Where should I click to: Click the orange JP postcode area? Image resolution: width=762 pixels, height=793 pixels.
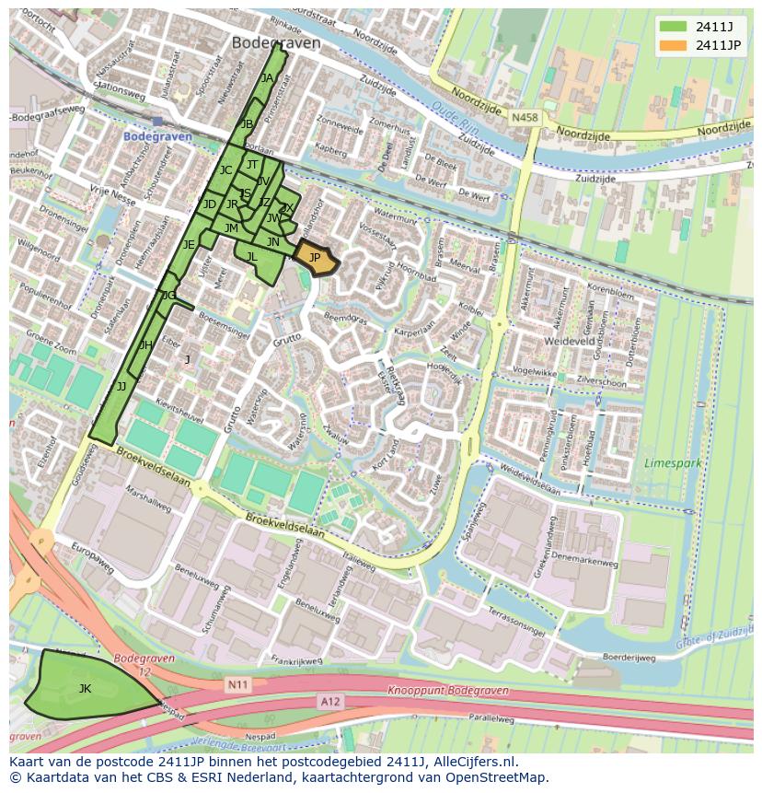point(315,258)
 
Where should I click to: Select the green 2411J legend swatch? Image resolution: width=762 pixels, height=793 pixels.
point(673,25)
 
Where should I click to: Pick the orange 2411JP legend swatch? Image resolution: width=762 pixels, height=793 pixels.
point(673,45)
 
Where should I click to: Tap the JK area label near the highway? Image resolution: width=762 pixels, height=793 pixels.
point(85,688)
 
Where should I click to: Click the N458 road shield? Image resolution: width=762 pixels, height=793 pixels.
point(525,118)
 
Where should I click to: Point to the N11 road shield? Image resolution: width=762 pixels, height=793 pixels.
point(237,684)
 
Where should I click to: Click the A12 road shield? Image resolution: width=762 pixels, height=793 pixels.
point(330,702)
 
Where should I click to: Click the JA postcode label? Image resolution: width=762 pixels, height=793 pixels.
point(267,78)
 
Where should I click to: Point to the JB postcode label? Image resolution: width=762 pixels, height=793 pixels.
point(247,124)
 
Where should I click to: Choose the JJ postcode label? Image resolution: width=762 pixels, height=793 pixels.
point(121,387)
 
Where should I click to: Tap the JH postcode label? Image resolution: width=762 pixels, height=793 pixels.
point(145,345)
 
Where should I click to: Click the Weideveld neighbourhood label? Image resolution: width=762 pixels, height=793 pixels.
point(572,342)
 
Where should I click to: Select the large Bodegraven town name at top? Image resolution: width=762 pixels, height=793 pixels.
point(276,43)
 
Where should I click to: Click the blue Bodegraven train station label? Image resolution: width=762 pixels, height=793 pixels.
point(157,136)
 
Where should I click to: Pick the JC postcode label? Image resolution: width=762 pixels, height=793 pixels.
point(225,170)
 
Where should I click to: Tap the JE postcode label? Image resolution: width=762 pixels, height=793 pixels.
point(189,245)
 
